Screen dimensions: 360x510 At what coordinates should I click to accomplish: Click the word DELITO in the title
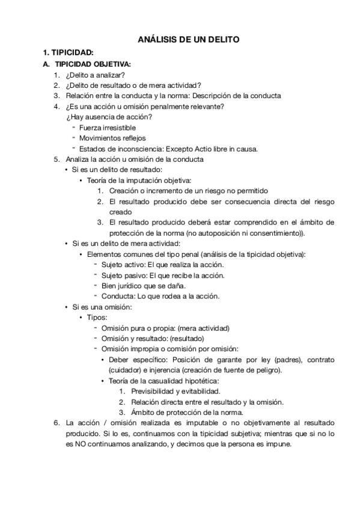(x=222, y=40)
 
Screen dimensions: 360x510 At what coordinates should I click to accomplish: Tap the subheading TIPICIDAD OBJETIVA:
(x=93, y=64)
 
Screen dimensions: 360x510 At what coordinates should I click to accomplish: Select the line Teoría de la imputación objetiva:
(x=139, y=180)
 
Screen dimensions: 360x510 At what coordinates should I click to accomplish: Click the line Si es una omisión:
(x=102, y=307)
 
